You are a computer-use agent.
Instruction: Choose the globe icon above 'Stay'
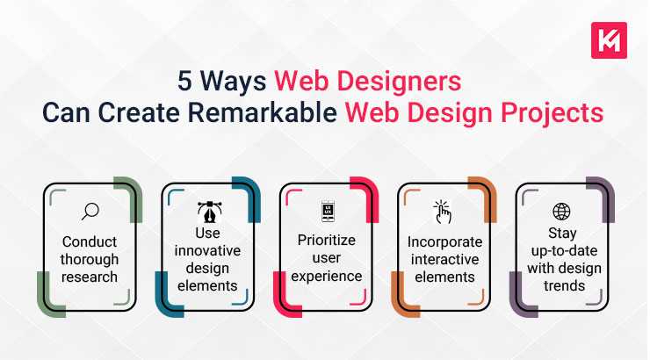point(561,212)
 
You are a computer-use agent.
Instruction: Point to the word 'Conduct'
point(89,241)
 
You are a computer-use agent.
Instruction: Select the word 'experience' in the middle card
point(327,276)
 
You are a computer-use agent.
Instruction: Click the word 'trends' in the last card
point(561,284)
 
